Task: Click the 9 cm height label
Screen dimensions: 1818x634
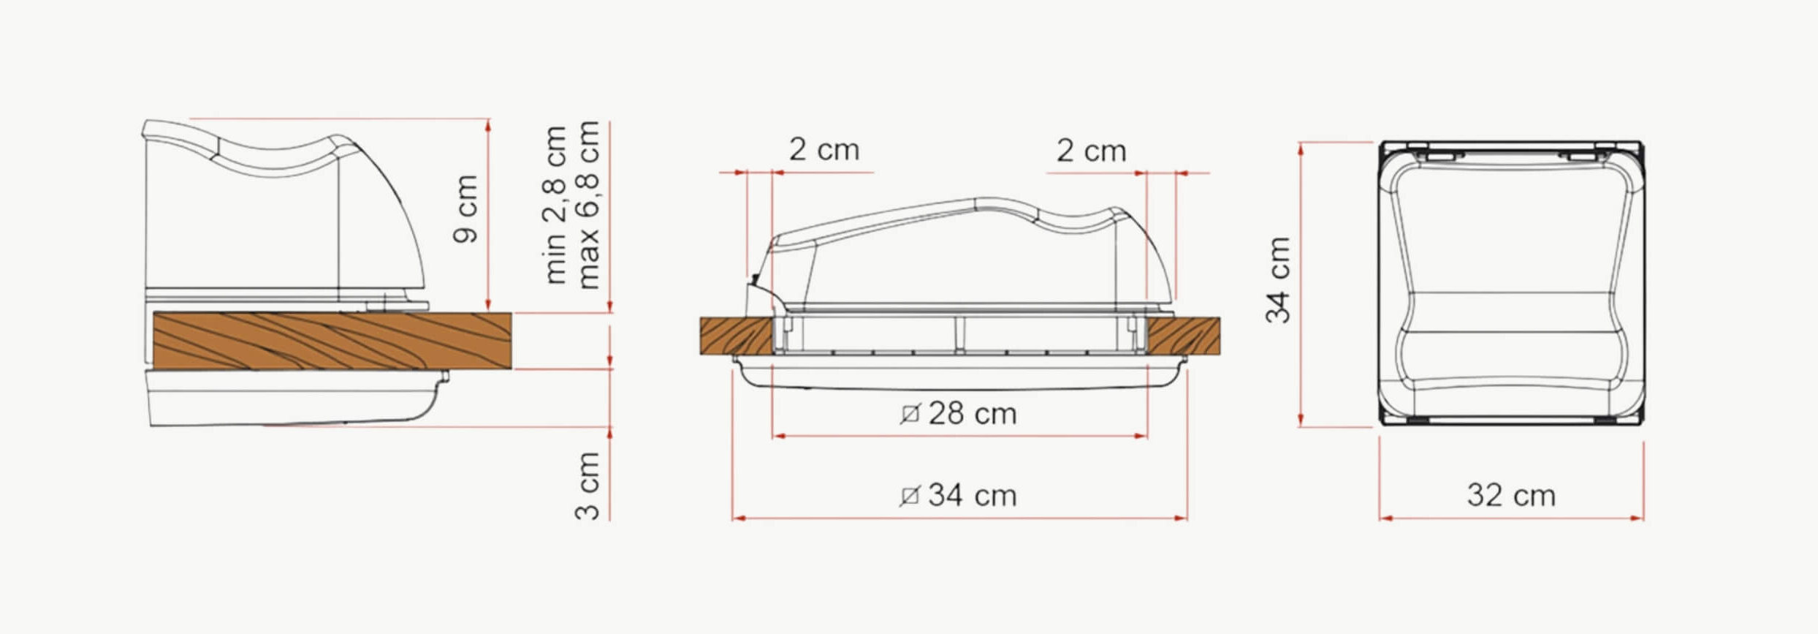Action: click(x=465, y=209)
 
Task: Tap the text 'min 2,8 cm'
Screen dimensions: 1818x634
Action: click(x=555, y=205)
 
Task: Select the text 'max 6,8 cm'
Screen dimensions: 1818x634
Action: click(x=587, y=205)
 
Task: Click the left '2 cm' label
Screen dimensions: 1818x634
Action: click(x=824, y=149)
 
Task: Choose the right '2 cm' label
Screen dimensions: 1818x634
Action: click(x=1092, y=151)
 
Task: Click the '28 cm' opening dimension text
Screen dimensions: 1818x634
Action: click(x=973, y=414)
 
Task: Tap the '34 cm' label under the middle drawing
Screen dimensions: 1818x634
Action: click(x=973, y=496)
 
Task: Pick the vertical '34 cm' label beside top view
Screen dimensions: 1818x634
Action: click(x=1278, y=280)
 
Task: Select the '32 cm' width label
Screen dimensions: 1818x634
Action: click(x=1511, y=496)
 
